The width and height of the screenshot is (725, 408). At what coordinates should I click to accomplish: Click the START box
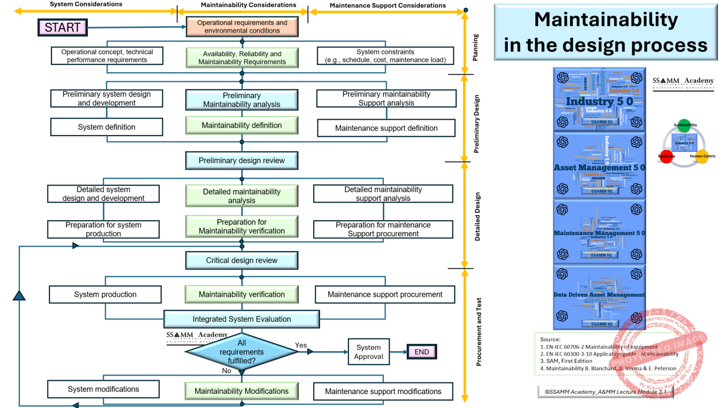63,27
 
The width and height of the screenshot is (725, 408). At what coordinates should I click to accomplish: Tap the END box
422,352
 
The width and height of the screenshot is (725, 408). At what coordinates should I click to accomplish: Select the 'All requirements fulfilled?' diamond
242,352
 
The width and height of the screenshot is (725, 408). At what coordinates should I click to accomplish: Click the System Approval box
369,352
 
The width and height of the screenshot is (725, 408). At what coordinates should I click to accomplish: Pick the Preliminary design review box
242,161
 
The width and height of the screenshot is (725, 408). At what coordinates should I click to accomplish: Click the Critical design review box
242,260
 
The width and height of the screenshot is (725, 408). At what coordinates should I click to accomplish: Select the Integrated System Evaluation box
242,319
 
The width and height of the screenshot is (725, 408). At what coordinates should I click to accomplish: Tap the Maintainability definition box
242,125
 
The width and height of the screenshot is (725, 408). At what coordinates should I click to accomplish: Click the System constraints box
385,56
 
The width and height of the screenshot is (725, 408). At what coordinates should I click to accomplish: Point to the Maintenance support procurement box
385,294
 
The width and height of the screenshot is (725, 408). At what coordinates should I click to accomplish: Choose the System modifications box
103,389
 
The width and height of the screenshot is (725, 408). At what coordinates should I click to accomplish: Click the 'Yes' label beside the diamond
301,345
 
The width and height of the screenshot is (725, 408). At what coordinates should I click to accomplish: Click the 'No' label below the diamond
227,371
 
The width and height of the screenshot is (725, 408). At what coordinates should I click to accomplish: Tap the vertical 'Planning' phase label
475,48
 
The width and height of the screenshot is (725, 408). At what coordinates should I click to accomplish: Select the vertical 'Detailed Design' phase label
477,216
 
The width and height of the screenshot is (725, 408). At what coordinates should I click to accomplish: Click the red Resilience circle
666,156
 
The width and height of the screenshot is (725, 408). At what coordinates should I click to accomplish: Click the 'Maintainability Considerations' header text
248,5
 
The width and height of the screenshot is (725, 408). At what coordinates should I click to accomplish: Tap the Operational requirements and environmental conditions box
242,27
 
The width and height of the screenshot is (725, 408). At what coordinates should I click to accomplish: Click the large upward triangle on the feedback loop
19,296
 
